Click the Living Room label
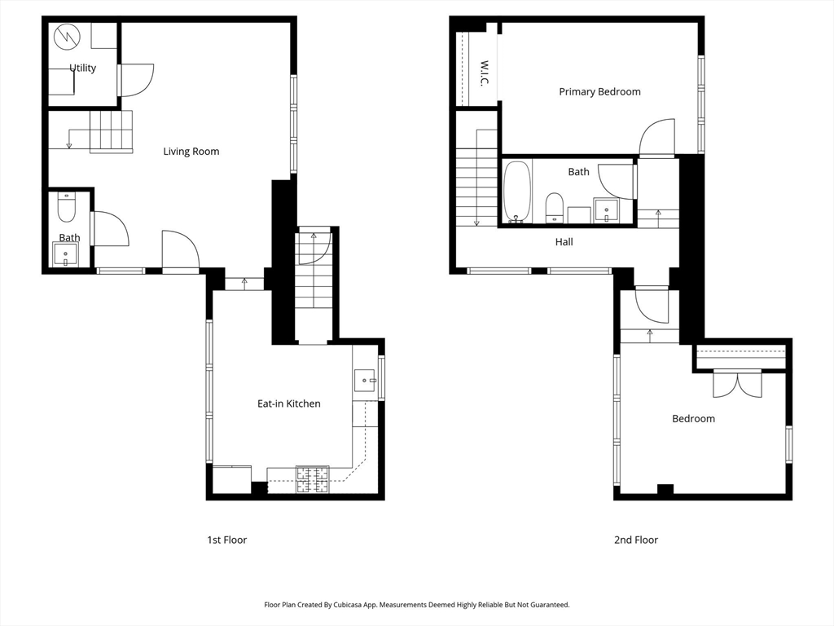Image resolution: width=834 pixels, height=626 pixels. [x=191, y=151]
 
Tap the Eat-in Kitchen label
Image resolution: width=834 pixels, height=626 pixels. [x=289, y=403]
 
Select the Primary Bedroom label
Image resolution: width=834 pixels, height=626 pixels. [x=599, y=91]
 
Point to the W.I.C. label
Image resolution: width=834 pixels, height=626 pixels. [x=484, y=74]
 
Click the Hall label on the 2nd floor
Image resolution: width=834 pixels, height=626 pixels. [x=564, y=241]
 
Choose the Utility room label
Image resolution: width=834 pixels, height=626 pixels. [x=82, y=68]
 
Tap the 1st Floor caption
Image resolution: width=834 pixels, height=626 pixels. [x=227, y=540]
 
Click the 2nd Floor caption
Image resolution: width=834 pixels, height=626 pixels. [x=636, y=540]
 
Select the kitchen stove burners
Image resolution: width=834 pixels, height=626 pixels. [x=313, y=479]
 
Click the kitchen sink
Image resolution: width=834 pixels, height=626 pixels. [x=366, y=381]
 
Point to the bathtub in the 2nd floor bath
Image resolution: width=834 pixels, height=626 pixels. [x=517, y=192]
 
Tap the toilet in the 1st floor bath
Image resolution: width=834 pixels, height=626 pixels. [x=67, y=208]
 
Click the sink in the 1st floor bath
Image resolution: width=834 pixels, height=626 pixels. [x=65, y=254]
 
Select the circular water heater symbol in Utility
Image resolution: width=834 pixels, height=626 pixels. [x=67, y=36]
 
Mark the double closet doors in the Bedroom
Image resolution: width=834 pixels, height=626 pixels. [x=737, y=384]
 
